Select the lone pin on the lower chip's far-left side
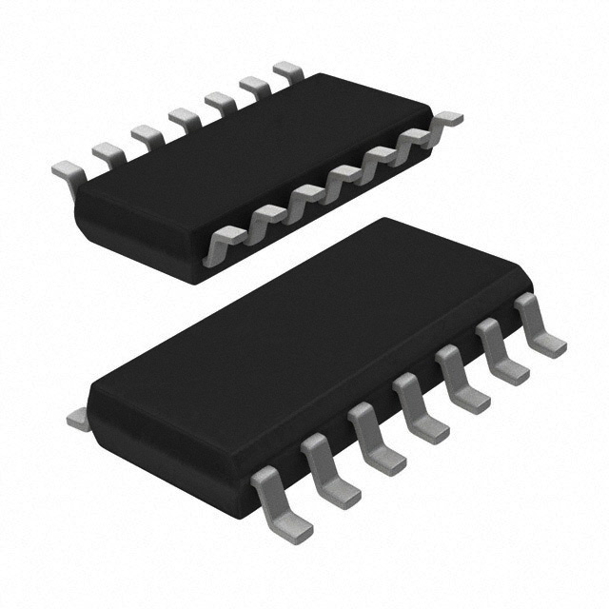[76, 417]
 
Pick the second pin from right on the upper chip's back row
[254, 86]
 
